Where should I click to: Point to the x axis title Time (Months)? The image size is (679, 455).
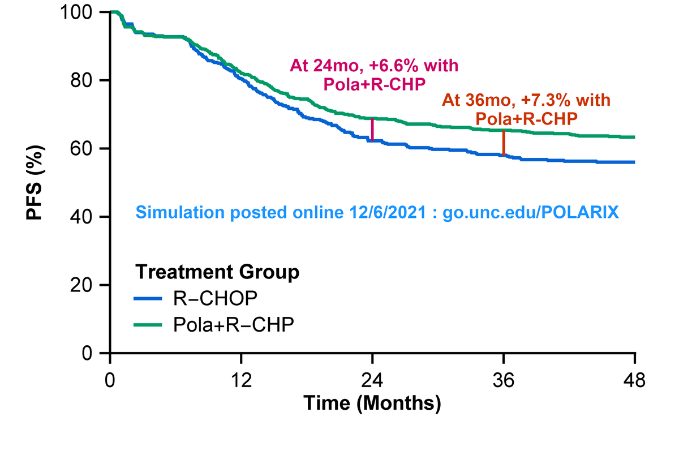(372, 403)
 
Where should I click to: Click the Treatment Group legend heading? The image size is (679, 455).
(217, 272)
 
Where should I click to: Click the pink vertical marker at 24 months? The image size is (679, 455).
(372, 130)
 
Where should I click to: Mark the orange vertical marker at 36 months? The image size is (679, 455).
(504, 143)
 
